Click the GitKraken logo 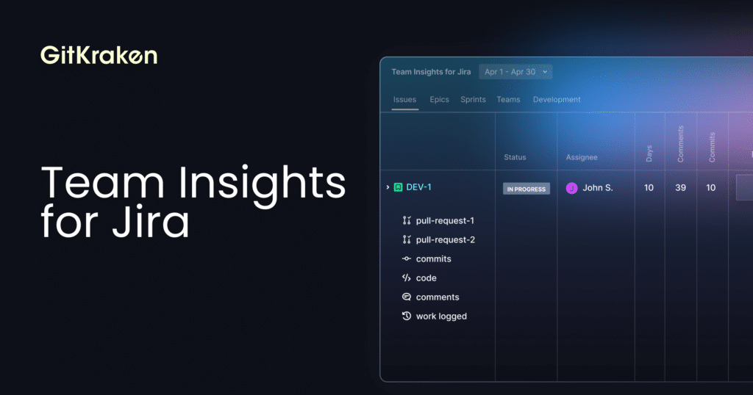[x=99, y=55]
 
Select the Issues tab [x=405, y=100]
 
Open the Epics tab [x=440, y=100]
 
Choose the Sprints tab [x=473, y=100]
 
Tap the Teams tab [x=508, y=100]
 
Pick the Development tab [x=557, y=100]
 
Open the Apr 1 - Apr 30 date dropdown [x=515, y=72]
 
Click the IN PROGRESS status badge [x=527, y=189]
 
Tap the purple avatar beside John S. [x=571, y=189]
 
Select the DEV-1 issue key [x=418, y=187]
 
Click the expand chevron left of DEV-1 [x=388, y=187]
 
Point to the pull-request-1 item [x=438, y=220]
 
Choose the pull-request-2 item [x=438, y=239]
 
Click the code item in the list [x=419, y=278]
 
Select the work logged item [x=434, y=316]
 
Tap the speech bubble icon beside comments [x=406, y=297]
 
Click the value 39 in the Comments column [x=680, y=188]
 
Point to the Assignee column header [x=582, y=157]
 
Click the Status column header [x=515, y=157]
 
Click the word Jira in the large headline [x=151, y=222]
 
